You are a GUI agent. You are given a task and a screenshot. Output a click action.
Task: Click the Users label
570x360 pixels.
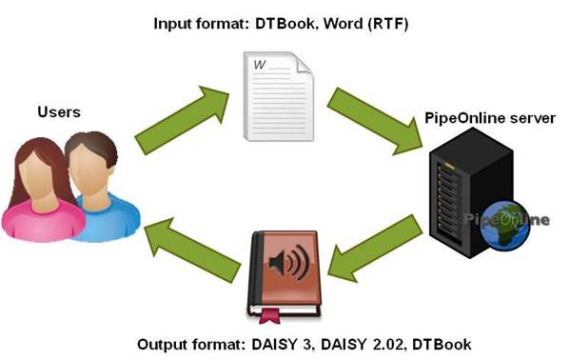coord(58,112)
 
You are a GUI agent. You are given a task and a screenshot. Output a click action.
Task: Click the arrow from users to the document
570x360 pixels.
coord(181,120)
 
